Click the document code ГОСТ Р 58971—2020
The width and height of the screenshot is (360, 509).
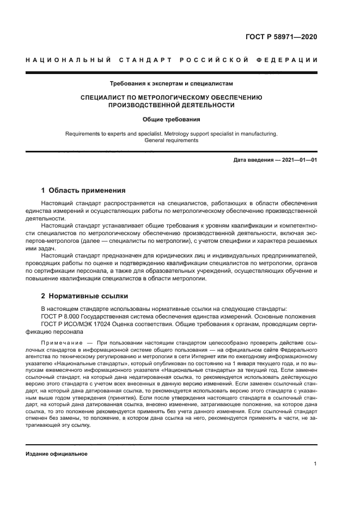coord(281,38)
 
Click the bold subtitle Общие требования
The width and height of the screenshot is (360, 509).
coord(171,119)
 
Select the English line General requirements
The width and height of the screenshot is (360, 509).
coord(171,140)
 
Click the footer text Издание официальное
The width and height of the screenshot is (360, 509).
coord(56,454)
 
